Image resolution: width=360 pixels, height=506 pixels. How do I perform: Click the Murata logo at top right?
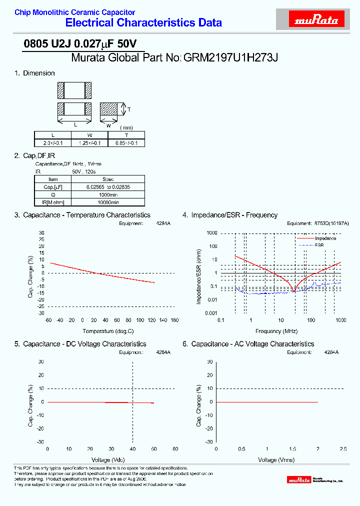click(x=316, y=20)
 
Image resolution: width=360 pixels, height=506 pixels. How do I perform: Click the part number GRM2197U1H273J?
click(x=230, y=57)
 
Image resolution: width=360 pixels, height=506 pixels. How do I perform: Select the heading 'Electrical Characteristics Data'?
click(x=144, y=22)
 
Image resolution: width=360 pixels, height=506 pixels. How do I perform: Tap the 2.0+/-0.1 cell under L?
click(x=52, y=143)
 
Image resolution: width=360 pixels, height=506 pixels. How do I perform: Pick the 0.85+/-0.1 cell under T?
click(x=126, y=143)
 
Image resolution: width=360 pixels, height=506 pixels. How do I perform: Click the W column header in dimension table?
click(x=89, y=135)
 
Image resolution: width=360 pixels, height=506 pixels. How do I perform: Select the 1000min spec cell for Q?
click(x=108, y=194)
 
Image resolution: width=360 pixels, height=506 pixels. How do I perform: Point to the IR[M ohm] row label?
click(x=53, y=202)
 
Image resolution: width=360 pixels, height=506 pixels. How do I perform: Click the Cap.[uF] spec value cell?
click(x=108, y=187)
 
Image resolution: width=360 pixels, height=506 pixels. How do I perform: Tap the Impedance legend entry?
click(x=325, y=238)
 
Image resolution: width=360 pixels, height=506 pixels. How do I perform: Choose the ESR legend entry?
click(x=319, y=245)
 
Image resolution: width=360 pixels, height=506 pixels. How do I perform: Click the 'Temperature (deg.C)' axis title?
click(x=108, y=331)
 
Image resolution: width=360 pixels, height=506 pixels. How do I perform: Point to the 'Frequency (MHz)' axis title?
click(x=276, y=331)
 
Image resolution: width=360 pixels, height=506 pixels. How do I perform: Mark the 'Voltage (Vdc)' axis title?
click(x=108, y=459)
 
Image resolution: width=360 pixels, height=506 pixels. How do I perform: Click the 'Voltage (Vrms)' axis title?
click(x=276, y=459)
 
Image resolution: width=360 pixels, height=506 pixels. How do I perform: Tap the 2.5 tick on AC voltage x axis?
click(x=343, y=449)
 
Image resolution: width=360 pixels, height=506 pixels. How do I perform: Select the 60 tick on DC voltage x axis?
click(x=175, y=449)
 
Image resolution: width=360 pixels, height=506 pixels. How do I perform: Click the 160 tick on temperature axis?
click(x=174, y=320)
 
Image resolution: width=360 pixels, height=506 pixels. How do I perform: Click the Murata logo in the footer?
click(x=299, y=480)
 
